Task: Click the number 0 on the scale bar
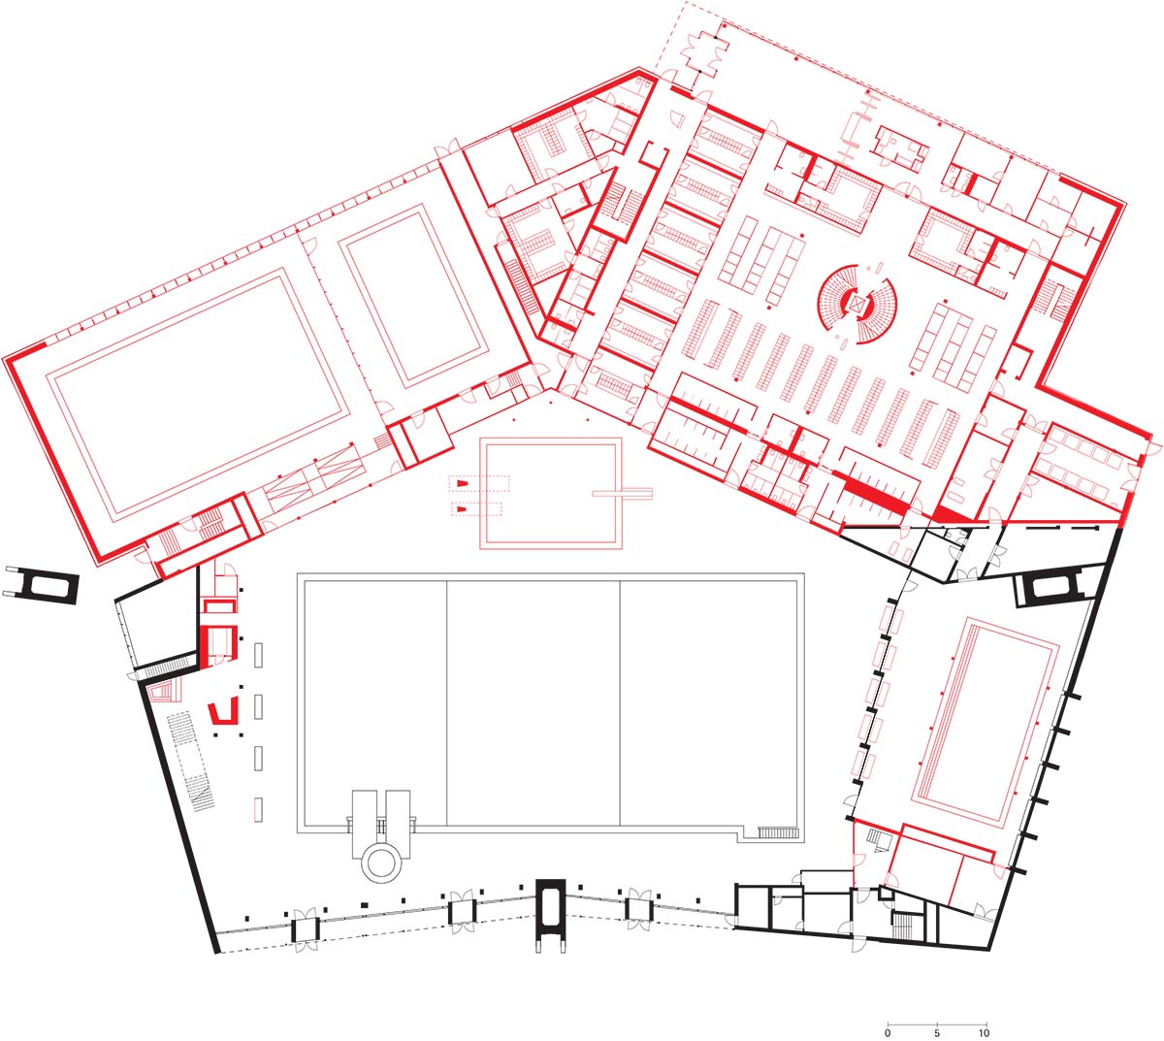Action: coord(888,1033)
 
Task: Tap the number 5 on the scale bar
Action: coord(937,1033)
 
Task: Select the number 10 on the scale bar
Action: coord(985,1033)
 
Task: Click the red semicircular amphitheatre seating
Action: coord(857,304)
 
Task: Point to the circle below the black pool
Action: coord(380,862)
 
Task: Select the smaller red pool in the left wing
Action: coord(413,297)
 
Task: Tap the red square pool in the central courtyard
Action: coord(551,493)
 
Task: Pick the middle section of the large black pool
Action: coord(533,703)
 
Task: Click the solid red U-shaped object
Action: coord(223,713)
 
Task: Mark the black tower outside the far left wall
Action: coord(40,586)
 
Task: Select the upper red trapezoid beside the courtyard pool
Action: coord(461,484)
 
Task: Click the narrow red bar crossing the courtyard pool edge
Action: coord(622,493)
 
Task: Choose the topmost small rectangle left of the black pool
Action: coord(259,655)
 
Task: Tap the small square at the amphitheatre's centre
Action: coord(857,304)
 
